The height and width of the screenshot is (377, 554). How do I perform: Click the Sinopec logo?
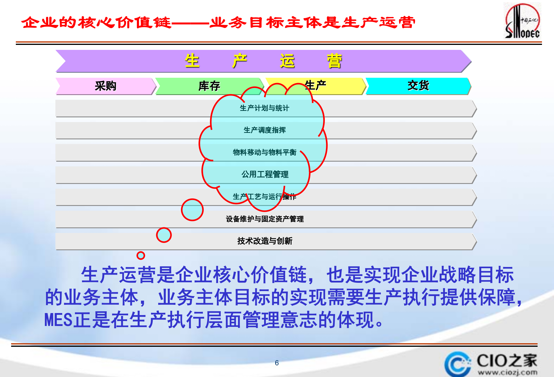pyautogui.click(x=522, y=21)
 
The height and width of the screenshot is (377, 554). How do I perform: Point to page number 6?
pyautogui.click(x=277, y=363)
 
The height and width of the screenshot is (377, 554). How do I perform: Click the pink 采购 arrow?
pyautogui.click(x=106, y=86)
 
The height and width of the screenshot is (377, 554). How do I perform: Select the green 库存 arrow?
pyautogui.click(x=209, y=86)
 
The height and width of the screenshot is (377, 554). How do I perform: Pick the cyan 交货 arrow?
pyautogui.click(x=418, y=86)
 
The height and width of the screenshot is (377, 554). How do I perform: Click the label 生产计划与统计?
pyautogui.click(x=264, y=108)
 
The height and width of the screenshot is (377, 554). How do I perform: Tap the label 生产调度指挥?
pyautogui.click(x=264, y=130)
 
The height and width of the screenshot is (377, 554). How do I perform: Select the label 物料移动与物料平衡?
pyautogui.click(x=264, y=152)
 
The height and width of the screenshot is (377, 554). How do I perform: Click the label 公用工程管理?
pyautogui.click(x=265, y=174)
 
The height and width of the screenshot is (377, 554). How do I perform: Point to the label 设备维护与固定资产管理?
pyautogui.click(x=264, y=219)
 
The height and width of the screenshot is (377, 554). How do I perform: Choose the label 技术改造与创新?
pyautogui.click(x=264, y=241)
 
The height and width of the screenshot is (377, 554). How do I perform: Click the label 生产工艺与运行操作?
pyautogui.click(x=264, y=197)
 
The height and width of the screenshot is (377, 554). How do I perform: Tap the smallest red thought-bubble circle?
pyautogui.click(x=141, y=256)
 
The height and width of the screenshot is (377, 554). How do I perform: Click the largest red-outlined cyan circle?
pyautogui.click(x=192, y=210)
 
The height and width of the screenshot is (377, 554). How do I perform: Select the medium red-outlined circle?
pyautogui.click(x=164, y=235)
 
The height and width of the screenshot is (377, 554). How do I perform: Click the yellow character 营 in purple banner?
pyautogui.click(x=334, y=61)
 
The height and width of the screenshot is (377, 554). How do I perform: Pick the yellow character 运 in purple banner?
pyautogui.click(x=287, y=61)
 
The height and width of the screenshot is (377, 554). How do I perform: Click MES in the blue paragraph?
pyautogui.click(x=58, y=320)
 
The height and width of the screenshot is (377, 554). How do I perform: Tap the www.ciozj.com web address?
pyautogui.click(x=508, y=373)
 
